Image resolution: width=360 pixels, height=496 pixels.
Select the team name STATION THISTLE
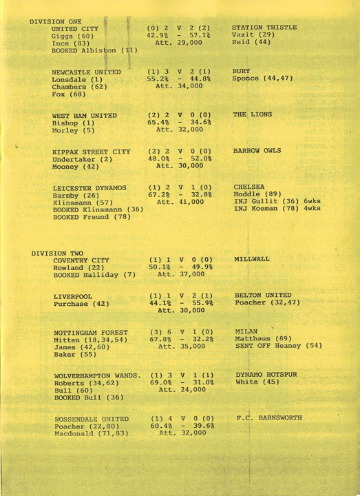coord(265,28)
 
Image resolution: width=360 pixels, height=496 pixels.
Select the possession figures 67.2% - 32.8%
coord(178,192)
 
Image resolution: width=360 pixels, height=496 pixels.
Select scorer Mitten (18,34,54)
coord(90,340)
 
